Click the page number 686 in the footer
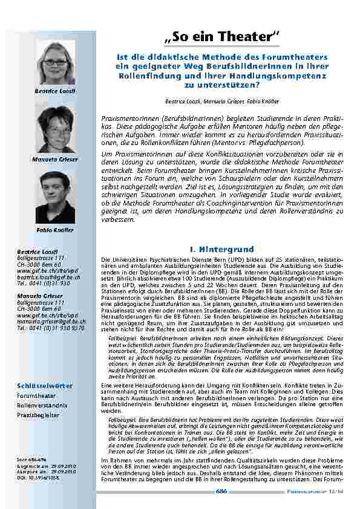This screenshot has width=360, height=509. pos(221,491)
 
